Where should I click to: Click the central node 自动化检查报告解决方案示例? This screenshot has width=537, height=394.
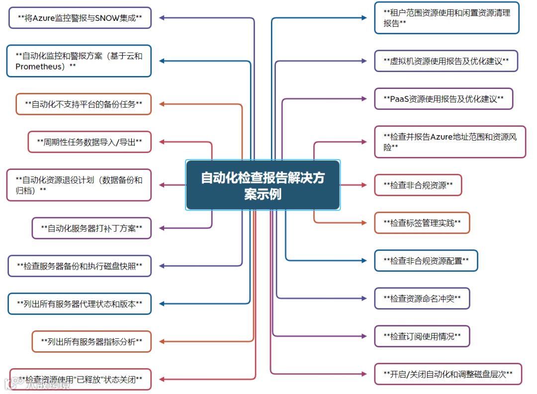pyautogui.click(x=263, y=185)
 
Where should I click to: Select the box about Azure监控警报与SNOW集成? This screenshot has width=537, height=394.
pyautogui.click(x=80, y=18)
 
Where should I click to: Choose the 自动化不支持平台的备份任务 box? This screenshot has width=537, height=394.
pyautogui.click(x=84, y=104)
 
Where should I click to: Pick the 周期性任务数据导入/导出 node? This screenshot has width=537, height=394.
pyautogui.click(x=89, y=142)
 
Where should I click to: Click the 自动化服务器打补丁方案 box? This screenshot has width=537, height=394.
pyautogui.click(x=91, y=229)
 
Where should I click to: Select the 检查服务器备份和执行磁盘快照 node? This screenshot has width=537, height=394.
pyautogui.click(x=80, y=266)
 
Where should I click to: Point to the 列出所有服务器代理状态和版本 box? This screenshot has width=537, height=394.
pyautogui.click(x=80, y=304)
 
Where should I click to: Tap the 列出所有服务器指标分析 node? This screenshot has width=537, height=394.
pyautogui.click(x=91, y=341)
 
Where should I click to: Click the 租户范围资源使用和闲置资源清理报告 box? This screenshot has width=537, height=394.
pyautogui.click(x=447, y=18)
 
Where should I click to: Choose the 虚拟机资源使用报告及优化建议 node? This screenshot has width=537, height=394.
pyautogui.click(x=446, y=61)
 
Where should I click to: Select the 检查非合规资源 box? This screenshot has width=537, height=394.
pyautogui.click(x=418, y=185)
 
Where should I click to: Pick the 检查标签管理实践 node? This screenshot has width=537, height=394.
pyautogui.click(x=422, y=223)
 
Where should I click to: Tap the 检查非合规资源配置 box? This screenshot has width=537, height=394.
pyautogui.click(x=426, y=260)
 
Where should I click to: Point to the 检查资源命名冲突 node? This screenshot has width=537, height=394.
pyautogui.click(x=422, y=299)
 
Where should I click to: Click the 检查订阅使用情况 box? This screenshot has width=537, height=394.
pyautogui.click(x=422, y=336)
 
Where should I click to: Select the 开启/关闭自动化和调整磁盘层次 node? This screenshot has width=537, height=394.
pyautogui.click(x=447, y=374)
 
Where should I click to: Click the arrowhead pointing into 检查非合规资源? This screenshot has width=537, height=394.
pyautogui.click(x=363, y=185)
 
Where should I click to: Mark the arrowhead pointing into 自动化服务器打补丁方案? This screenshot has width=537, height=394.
pyautogui.click(x=162, y=229)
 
